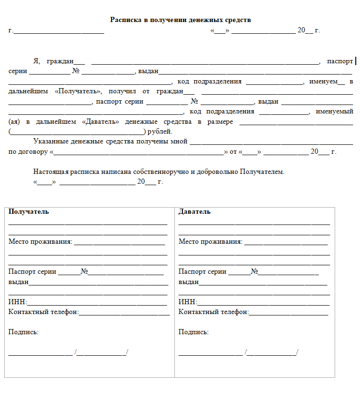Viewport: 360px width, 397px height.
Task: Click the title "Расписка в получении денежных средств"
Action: [180, 20]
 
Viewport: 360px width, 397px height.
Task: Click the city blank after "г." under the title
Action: [59, 31]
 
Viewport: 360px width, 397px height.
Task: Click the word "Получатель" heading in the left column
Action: [29, 211]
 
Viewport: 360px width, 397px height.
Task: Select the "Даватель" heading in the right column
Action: [195, 211]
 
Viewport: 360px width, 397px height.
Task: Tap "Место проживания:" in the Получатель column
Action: [40, 242]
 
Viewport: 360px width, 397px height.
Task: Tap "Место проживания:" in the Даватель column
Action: [210, 242]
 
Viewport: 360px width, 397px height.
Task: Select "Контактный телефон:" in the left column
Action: [44, 312]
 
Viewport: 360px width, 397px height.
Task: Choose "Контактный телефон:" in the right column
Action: [214, 312]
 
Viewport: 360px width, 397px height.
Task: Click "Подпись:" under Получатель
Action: [23, 332]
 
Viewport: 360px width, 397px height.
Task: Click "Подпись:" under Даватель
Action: [194, 332]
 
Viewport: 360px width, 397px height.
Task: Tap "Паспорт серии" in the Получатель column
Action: [32, 271]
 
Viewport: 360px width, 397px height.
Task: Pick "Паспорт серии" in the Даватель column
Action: [202, 271]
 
